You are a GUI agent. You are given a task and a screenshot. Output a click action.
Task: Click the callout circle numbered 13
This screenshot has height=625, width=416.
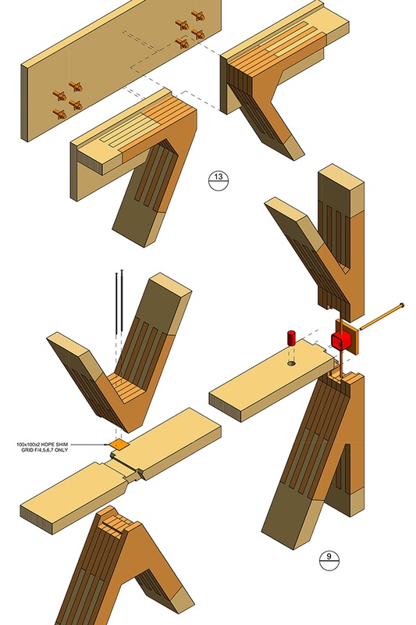click(x=218, y=178)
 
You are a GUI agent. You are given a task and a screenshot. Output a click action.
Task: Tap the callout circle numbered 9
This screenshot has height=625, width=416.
click(x=329, y=558)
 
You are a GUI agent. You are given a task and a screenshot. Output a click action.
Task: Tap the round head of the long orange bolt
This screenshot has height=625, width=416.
click(x=401, y=305)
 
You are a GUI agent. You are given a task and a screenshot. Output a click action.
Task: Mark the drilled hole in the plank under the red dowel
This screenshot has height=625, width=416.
click(x=290, y=363)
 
